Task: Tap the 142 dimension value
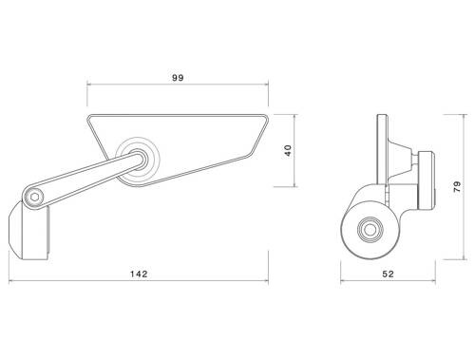click(x=140, y=274)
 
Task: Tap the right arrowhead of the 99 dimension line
click(x=268, y=86)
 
